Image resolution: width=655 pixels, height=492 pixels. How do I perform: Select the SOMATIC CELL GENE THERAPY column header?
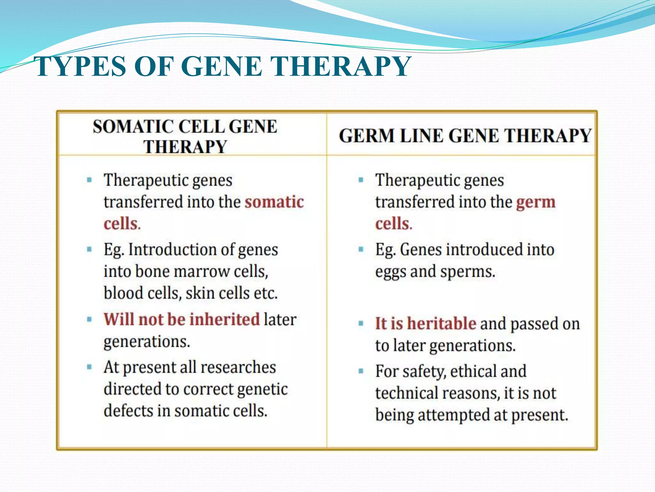pyautogui.click(x=185, y=136)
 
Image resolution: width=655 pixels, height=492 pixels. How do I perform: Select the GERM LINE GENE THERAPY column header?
pyautogui.click(x=465, y=135)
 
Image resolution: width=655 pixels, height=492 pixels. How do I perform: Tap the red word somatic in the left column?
pyautogui.click(x=274, y=202)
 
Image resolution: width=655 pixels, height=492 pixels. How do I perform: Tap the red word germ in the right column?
pyautogui.click(x=536, y=202)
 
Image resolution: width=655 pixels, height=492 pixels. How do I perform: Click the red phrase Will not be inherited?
pyautogui.click(x=182, y=319)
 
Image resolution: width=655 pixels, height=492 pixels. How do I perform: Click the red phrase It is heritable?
pyautogui.click(x=426, y=323)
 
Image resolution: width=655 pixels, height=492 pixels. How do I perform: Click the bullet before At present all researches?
pyautogui.click(x=89, y=367)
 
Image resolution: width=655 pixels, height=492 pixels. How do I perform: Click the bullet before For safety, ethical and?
pyautogui.click(x=361, y=371)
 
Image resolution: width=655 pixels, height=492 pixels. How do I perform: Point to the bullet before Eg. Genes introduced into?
pyautogui.click(x=361, y=249)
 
